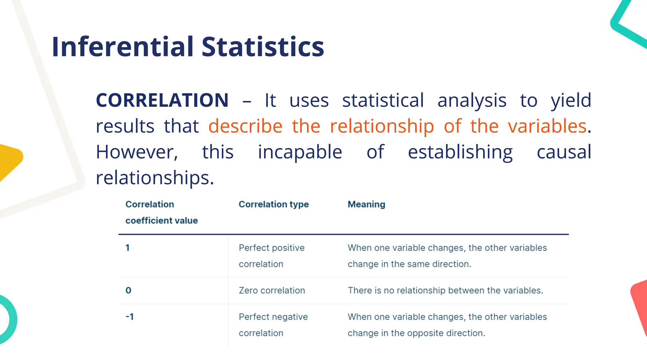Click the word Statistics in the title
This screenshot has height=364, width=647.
click(x=263, y=47)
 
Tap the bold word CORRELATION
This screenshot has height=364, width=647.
click(x=162, y=100)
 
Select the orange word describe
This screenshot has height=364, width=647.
click(x=245, y=126)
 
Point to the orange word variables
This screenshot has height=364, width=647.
click(x=547, y=126)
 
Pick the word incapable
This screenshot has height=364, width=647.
click(x=300, y=152)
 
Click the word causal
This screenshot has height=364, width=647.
click(x=564, y=152)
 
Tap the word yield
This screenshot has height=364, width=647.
click(x=571, y=100)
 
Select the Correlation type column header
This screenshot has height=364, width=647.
click(x=274, y=204)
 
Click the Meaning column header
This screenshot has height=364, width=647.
click(x=366, y=204)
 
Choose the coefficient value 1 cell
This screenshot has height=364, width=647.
click(x=128, y=248)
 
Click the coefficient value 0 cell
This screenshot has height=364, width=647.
click(x=128, y=290)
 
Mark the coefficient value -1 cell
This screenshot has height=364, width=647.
click(x=130, y=317)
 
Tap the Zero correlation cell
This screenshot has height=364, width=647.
click(x=272, y=290)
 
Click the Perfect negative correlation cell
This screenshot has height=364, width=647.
click(x=273, y=325)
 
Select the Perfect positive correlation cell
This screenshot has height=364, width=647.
click(x=271, y=256)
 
